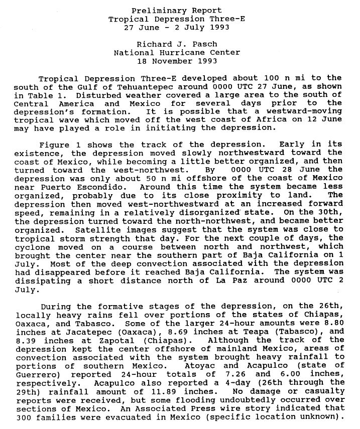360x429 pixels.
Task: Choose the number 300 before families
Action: (23, 416)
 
